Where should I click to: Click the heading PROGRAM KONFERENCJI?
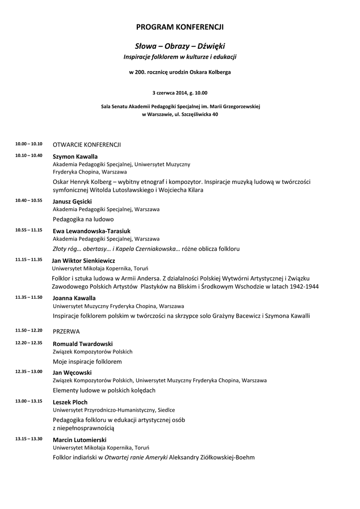click(180, 27)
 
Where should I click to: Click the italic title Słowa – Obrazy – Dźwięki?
click(180, 46)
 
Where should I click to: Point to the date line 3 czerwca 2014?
click(180, 92)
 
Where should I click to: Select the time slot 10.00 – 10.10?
click(29, 144)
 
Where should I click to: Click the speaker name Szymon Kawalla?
click(75, 157)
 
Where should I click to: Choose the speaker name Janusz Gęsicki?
click(73, 201)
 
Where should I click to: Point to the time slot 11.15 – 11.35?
click(29, 259)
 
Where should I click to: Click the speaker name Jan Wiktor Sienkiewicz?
click(84, 260)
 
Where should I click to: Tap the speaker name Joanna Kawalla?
click(74, 298)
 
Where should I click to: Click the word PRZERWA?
click(66, 331)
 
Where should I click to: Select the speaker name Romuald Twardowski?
click(83, 343)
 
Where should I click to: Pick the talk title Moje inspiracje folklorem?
click(88, 361)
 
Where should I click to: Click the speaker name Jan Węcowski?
click(72, 372)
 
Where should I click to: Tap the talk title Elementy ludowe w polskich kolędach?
click(104, 390)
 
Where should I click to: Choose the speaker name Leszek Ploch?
click(70, 402)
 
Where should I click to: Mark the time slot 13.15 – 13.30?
click(29, 439)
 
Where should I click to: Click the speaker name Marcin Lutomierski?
click(80, 440)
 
